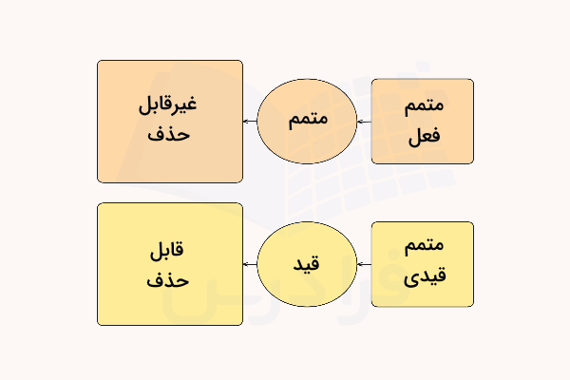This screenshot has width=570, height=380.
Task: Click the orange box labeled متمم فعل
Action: tap(422, 122)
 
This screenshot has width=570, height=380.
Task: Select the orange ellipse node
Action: tap(307, 122)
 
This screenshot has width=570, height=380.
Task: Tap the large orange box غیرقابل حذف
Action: tap(170, 122)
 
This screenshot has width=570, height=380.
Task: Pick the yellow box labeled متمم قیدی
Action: tap(422, 264)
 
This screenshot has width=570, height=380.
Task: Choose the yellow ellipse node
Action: tap(307, 264)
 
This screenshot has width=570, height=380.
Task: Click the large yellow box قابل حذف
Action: tap(170, 264)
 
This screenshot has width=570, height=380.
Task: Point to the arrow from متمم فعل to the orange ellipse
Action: tap(363, 122)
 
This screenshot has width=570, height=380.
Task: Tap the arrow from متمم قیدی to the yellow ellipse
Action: tap(363, 264)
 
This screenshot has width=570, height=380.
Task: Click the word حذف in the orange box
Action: tap(170, 136)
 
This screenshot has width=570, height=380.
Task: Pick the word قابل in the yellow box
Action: tap(170, 249)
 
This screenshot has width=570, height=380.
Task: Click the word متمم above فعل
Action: tap(423, 105)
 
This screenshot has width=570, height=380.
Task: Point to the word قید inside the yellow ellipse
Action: tap(307, 264)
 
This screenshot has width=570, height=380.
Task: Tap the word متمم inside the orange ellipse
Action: tap(307, 122)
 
